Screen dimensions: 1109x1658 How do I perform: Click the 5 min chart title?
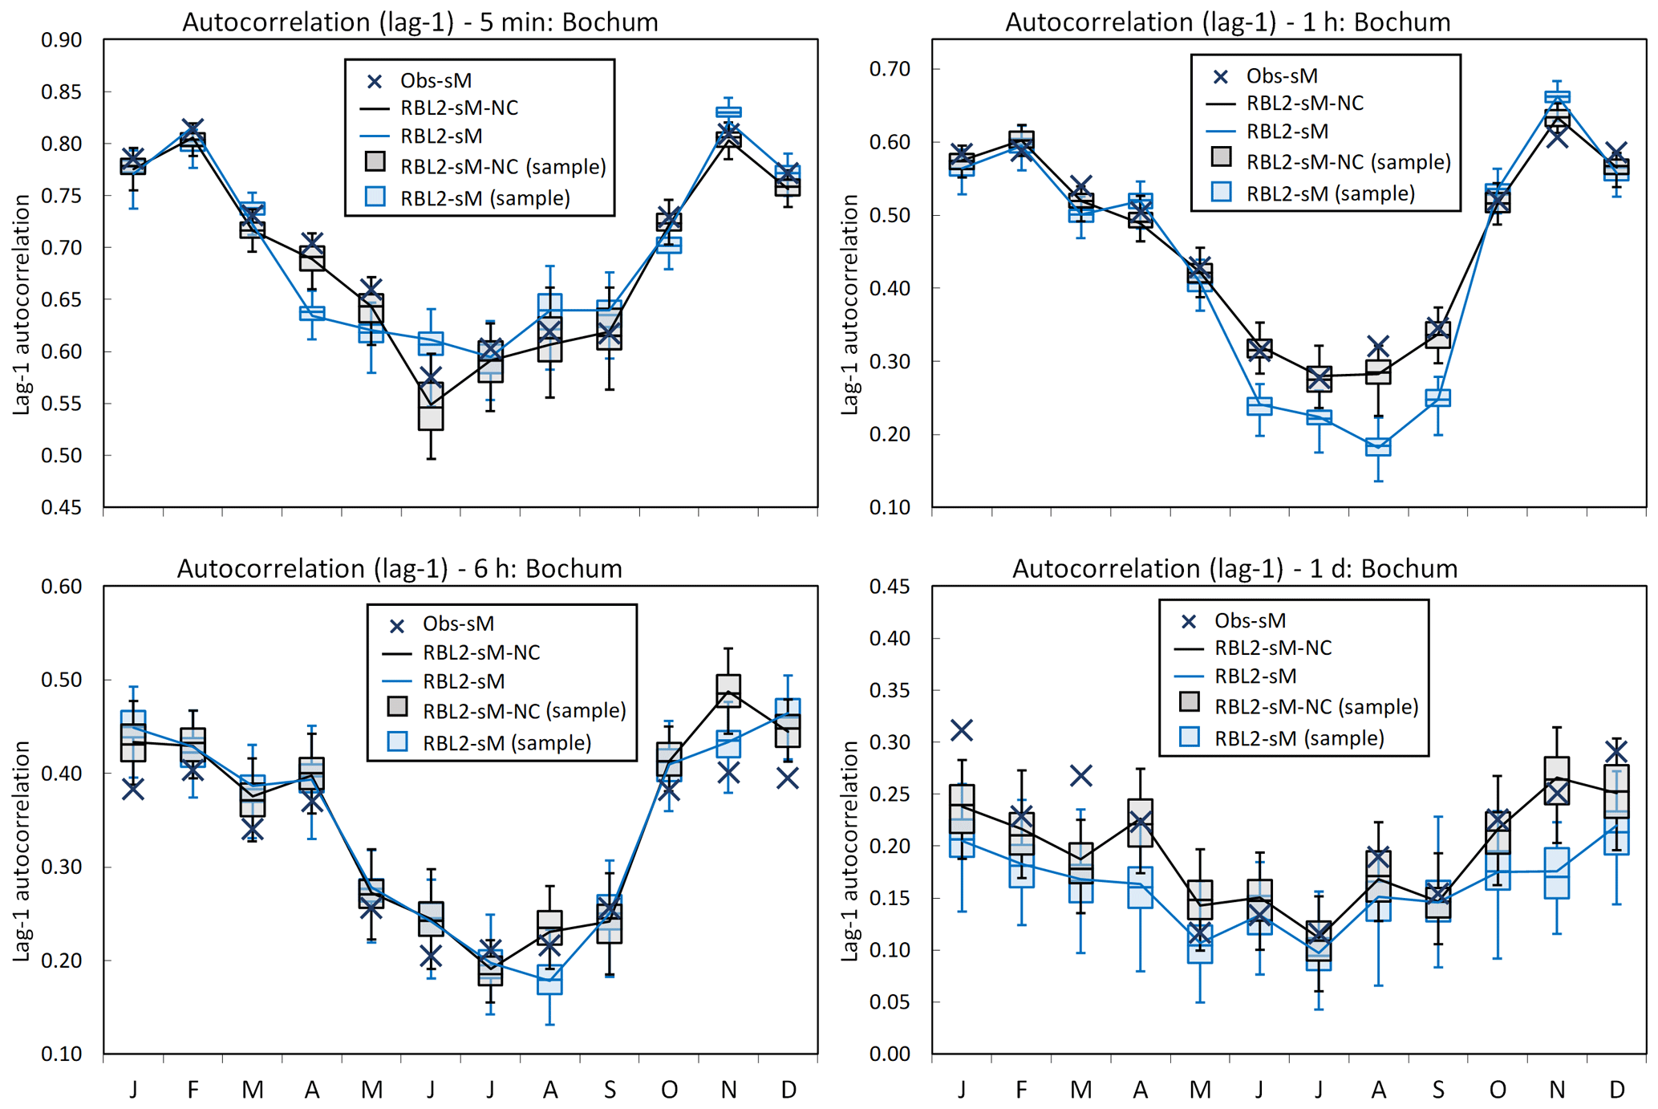420,22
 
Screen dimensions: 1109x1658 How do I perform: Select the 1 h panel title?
1227,22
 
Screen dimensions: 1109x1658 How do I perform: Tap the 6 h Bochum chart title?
399,568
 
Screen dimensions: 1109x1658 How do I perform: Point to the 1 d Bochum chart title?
1234,568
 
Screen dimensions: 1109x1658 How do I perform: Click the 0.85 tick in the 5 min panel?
62,92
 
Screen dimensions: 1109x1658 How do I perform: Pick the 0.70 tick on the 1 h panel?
890,69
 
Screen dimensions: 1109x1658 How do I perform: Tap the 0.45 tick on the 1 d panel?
890,587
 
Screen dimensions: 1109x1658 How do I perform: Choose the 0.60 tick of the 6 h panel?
62,587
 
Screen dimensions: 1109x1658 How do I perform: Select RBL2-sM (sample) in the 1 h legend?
1330,193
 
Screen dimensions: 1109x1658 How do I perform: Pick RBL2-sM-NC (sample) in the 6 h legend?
524,711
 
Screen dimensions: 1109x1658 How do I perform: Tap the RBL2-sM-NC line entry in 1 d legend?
1273,648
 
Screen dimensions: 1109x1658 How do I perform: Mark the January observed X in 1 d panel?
962,730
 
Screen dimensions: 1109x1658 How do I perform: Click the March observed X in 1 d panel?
1081,776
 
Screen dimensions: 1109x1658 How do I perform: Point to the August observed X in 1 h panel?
1378,347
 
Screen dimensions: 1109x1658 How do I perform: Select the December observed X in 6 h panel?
788,778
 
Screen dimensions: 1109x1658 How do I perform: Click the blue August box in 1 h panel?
1378,447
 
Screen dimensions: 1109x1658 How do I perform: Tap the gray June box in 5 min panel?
431,407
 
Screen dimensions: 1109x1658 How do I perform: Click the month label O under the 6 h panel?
669,1090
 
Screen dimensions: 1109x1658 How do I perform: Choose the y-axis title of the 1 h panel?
849,305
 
